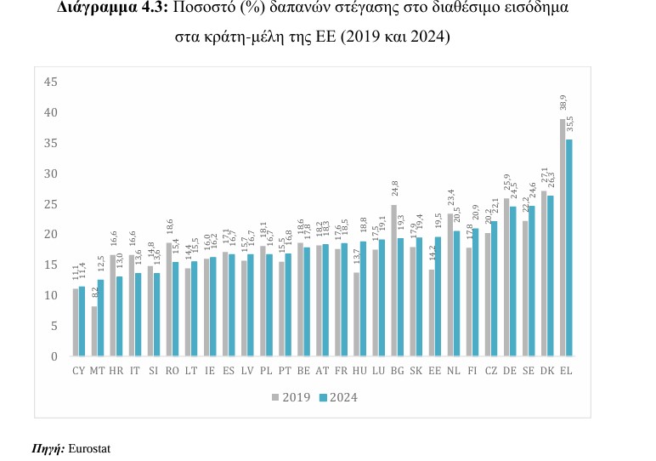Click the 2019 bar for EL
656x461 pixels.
point(563,237)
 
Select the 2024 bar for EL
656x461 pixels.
point(569,248)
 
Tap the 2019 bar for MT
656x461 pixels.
point(94,331)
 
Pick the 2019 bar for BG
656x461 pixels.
point(394,281)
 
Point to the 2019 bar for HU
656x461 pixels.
point(357,314)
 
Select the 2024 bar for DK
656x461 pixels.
point(551,276)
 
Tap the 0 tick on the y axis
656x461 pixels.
point(54,356)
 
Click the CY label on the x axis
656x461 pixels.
point(79,371)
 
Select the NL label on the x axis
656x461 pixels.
point(454,371)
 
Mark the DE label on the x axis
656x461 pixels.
point(510,371)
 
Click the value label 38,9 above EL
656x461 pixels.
point(563,103)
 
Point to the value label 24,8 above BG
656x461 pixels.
point(394,189)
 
